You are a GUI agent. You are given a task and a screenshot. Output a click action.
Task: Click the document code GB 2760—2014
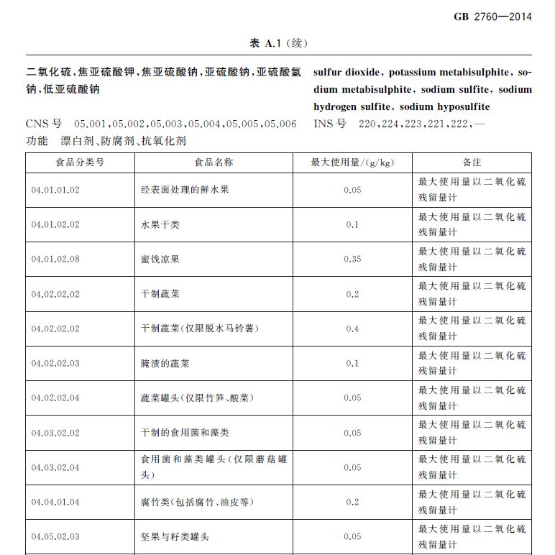point(492,17)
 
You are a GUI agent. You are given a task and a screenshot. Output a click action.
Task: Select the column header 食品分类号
point(80,162)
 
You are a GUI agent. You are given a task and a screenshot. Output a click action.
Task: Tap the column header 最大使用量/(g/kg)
point(352,162)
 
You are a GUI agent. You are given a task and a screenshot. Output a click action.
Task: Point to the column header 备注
point(472,162)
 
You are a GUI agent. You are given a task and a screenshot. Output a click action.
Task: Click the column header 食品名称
point(214,162)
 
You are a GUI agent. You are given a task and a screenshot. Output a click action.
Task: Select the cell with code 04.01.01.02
point(55,191)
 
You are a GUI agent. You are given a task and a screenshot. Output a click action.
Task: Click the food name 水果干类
point(160,225)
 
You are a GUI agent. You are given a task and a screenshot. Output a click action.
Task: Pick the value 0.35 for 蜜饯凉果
point(352,260)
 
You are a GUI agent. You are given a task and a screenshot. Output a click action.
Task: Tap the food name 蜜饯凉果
point(160,260)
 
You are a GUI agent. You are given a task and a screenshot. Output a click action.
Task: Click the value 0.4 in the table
point(352,329)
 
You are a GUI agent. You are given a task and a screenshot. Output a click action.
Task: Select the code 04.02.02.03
point(55,363)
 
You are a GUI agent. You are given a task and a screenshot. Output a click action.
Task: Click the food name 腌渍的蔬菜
point(165,363)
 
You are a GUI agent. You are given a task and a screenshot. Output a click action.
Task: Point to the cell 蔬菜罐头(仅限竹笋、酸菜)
point(197,398)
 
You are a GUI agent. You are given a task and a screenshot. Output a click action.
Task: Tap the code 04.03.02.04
point(55,467)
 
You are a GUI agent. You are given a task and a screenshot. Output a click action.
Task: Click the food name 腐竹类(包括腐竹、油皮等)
point(197,502)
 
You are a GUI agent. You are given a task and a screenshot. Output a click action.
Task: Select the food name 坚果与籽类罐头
point(175,536)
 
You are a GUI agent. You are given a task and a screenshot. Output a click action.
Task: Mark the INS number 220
point(367,124)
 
